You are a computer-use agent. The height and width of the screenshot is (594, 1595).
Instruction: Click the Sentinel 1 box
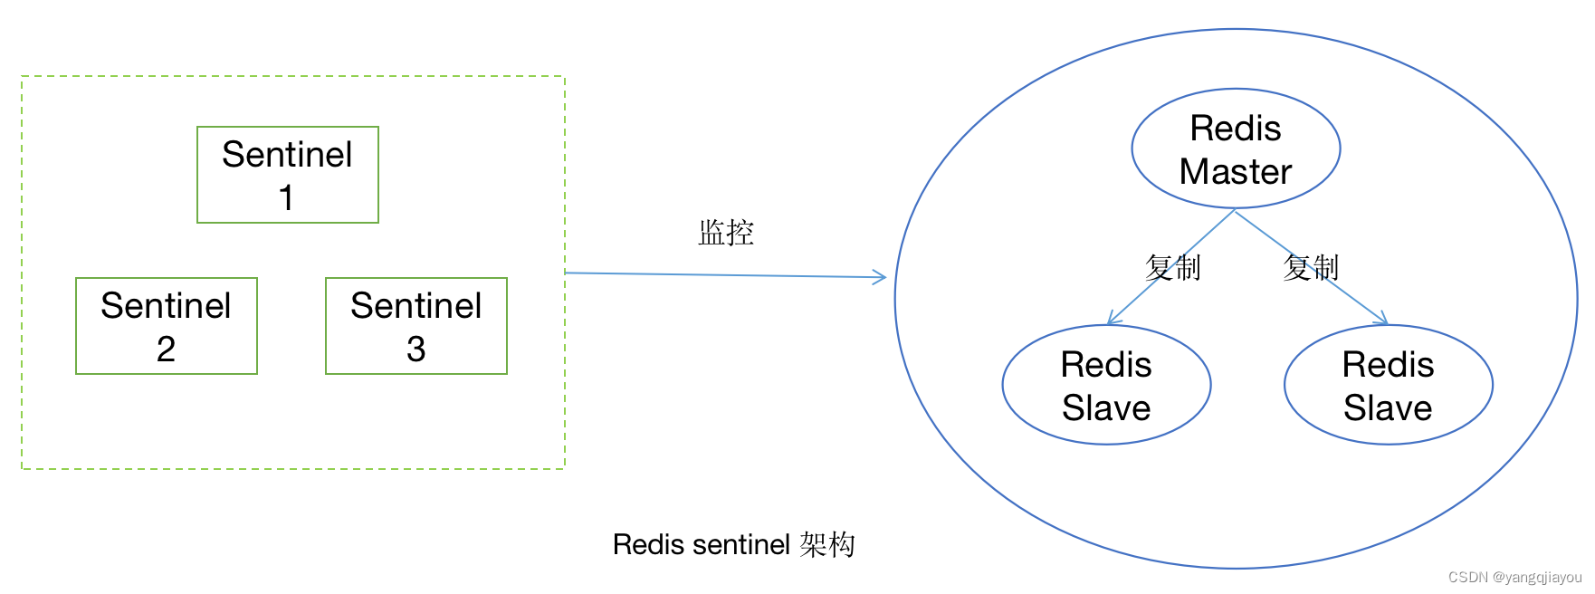tap(287, 175)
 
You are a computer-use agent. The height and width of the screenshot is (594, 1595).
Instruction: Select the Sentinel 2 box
tap(167, 326)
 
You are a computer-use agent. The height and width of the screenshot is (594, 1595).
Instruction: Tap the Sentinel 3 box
tap(416, 326)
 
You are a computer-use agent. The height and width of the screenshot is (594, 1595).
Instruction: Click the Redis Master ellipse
tap(1236, 148)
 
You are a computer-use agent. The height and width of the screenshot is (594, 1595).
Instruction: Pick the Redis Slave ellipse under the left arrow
tap(1106, 385)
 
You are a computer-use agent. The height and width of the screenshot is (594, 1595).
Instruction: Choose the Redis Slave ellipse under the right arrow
tap(1388, 385)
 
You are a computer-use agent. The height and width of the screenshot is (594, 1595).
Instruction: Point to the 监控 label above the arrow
tap(726, 233)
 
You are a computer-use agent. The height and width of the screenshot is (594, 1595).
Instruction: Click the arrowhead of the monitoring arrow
tap(881, 277)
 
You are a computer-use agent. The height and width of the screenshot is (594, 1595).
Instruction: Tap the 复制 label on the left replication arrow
tap(1172, 268)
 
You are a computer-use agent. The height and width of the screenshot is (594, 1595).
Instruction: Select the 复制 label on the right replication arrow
tap(1311, 268)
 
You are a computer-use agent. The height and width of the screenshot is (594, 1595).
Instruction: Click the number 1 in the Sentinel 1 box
tap(286, 197)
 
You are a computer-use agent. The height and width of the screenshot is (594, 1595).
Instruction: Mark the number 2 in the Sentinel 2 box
tap(166, 350)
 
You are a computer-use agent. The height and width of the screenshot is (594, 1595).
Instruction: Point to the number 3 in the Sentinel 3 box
tap(415, 350)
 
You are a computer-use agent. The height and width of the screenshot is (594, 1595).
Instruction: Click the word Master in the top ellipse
tap(1236, 172)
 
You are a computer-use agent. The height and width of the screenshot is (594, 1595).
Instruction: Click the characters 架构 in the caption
tap(827, 544)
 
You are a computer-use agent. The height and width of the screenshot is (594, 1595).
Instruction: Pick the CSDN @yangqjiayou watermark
tap(1514, 577)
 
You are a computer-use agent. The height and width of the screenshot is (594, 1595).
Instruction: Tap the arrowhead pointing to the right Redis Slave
tap(1382, 320)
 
